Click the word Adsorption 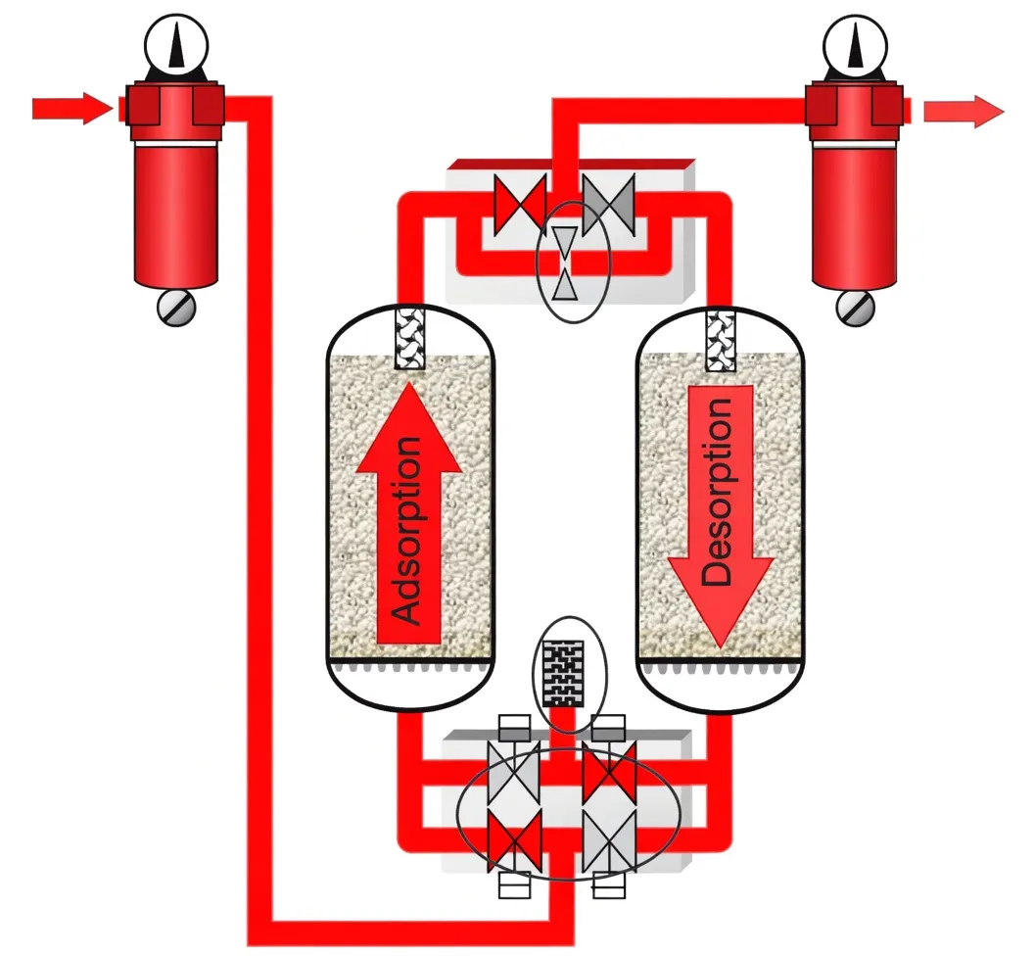click(405, 530)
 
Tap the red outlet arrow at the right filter click(963, 112)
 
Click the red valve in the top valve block click(518, 206)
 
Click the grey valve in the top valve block click(608, 206)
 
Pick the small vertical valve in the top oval click(564, 263)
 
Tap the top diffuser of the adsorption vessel click(408, 339)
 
